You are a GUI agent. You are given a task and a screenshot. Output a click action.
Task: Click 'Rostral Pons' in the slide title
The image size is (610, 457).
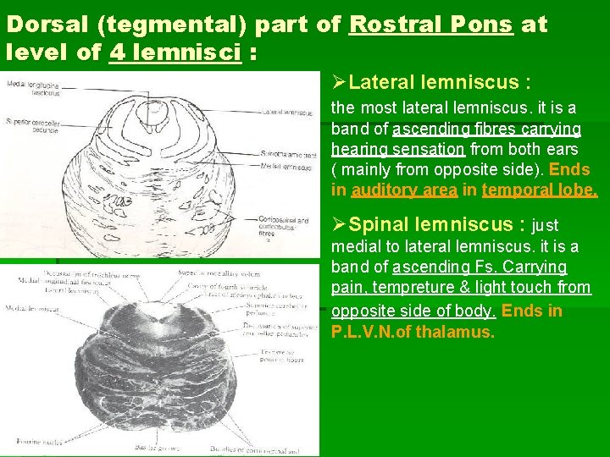(430, 25)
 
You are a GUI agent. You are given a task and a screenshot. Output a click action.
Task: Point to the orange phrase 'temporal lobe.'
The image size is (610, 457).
(539, 190)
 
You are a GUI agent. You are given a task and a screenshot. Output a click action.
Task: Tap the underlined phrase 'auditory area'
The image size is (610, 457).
(404, 190)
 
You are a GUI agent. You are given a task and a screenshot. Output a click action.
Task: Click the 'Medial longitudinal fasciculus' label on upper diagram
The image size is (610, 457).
(29, 87)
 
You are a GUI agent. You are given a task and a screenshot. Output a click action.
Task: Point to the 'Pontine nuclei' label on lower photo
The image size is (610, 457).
(23, 442)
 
